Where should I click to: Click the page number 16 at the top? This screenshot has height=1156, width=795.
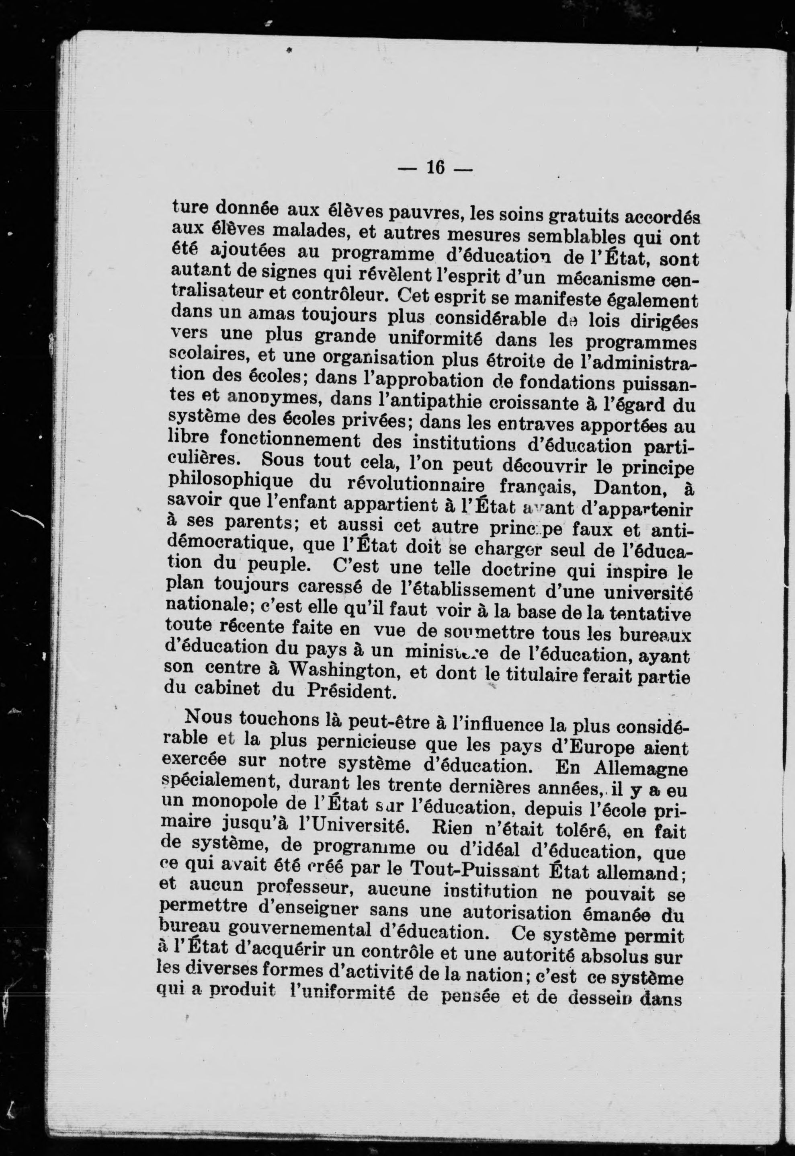435,168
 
